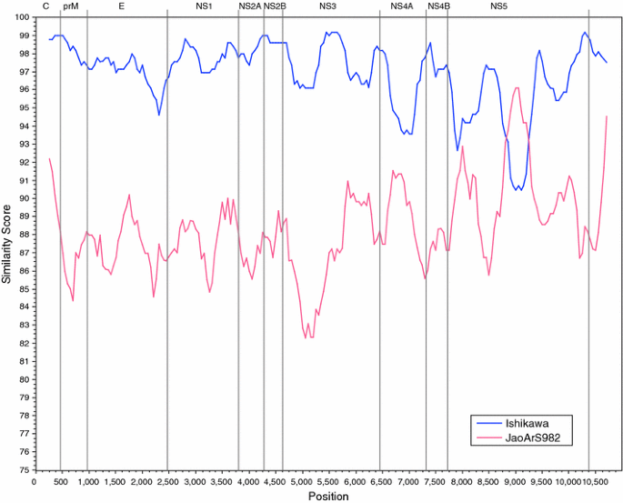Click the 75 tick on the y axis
pyautogui.click(x=20, y=469)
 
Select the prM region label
pyautogui.click(x=71, y=6)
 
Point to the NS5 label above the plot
pyautogui.click(x=498, y=6)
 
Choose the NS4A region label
pyautogui.click(x=402, y=6)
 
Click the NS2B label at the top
pyautogui.click(x=276, y=6)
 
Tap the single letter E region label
pyautogui.click(x=122, y=6)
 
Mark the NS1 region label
pyautogui.click(x=204, y=6)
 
